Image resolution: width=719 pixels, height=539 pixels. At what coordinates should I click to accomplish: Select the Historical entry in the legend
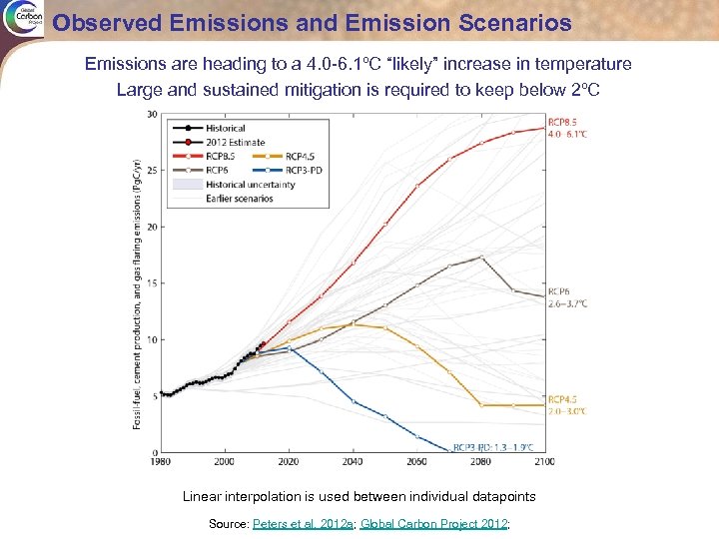226,128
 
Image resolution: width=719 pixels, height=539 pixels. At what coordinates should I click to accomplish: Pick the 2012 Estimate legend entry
234,142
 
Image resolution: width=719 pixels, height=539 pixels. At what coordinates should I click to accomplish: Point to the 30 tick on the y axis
151,114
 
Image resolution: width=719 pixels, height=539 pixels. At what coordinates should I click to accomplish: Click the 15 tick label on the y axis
151,283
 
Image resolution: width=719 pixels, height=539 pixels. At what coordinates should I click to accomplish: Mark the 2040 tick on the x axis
354,461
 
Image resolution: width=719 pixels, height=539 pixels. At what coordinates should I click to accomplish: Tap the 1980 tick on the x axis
161,461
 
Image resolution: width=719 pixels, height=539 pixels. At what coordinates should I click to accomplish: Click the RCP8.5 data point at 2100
545,127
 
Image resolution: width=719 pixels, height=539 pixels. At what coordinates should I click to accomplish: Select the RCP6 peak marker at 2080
481,257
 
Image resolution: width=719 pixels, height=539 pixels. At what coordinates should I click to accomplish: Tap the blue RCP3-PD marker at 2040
354,401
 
